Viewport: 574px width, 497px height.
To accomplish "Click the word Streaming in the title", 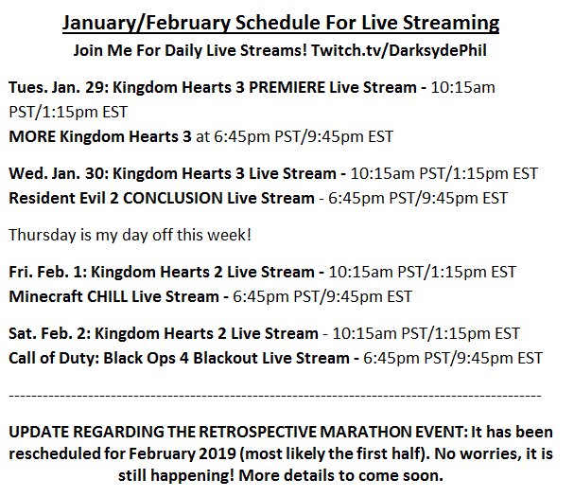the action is click(x=451, y=24).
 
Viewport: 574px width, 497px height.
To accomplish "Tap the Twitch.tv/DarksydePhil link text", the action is click(x=399, y=50).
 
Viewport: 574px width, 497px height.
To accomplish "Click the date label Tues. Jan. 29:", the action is click(x=59, y=87).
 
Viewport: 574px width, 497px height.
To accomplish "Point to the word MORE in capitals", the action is click(x=32, y=136).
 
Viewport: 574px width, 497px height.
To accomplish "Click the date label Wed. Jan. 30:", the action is click(x=59, y=173).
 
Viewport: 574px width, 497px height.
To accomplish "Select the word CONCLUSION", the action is click(x=173, y=198).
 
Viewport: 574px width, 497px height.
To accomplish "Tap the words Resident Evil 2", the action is click(x=63, y=198).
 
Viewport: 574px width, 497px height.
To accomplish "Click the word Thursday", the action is click(x=43, y=235).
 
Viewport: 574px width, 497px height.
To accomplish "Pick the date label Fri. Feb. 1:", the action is click(x=48, y=272).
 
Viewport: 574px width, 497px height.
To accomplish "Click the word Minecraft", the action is click(x=45, y=296).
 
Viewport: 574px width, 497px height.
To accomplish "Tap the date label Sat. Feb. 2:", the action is click(x=50, y=333).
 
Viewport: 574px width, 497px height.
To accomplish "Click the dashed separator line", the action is click(x=275, y=396).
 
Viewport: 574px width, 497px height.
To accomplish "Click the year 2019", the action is click(x=217, y=453).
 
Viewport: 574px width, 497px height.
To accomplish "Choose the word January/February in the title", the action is click(x=147, y=24).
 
